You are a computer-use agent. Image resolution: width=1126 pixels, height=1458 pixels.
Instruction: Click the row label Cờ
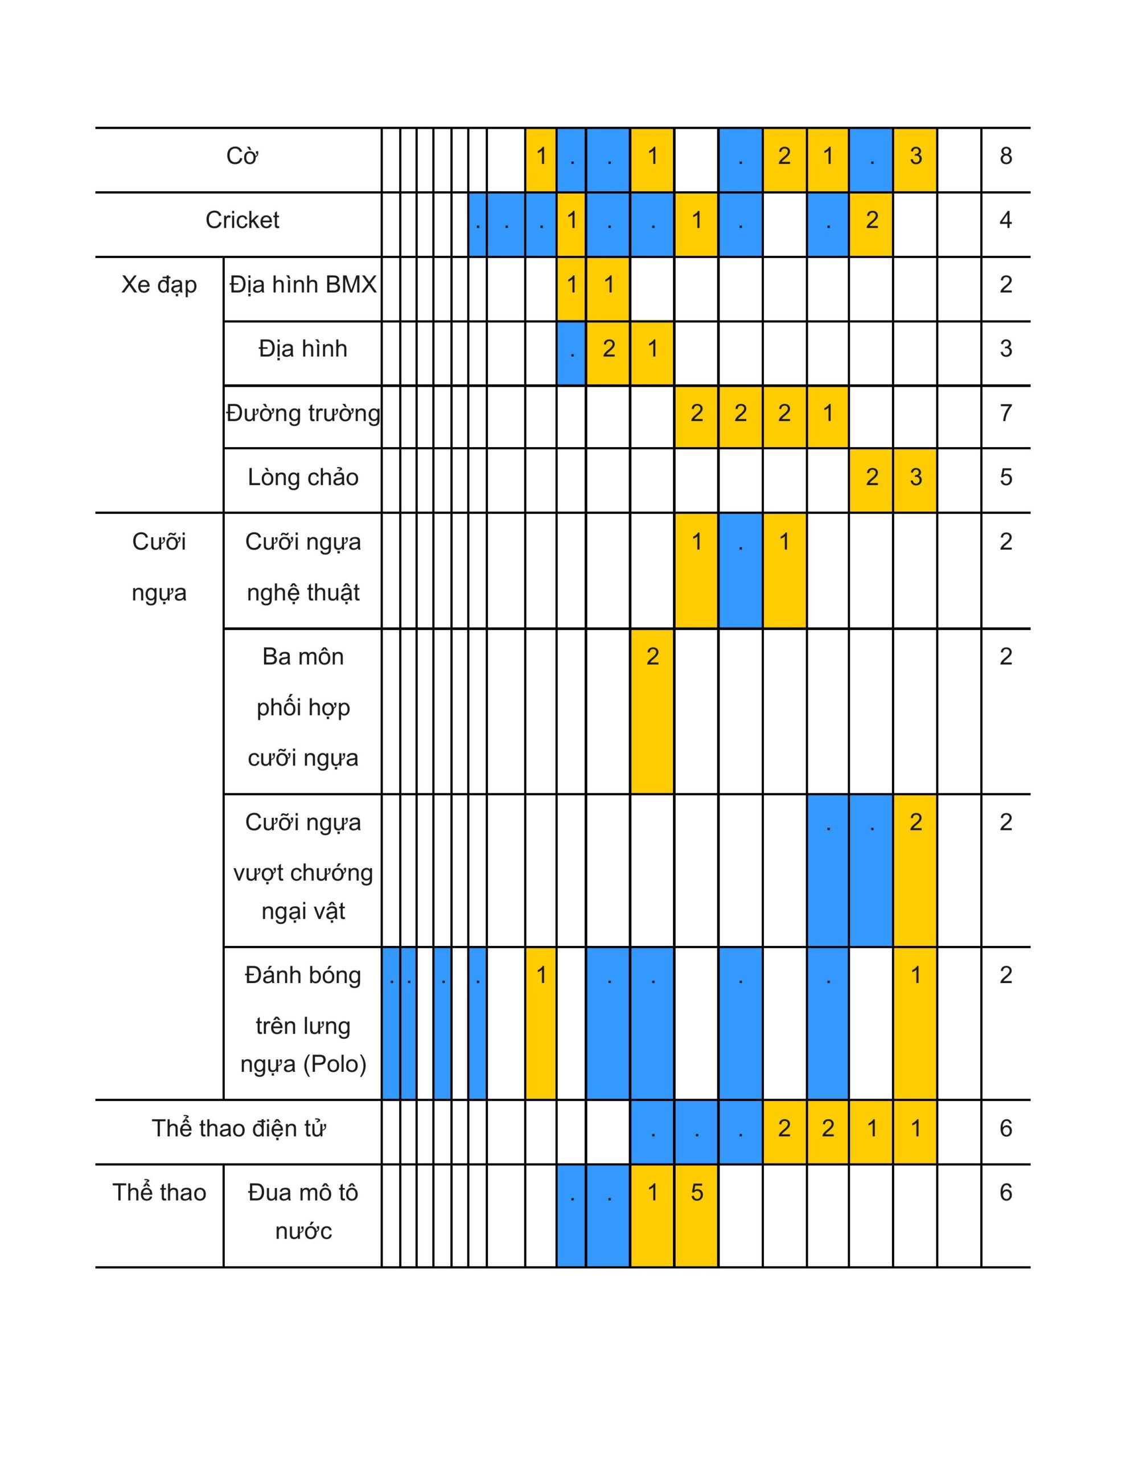click(241, 156)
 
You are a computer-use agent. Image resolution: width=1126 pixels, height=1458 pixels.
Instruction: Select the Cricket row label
click(241, 220)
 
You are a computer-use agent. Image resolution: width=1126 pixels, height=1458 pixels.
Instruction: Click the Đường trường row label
click(302, 414)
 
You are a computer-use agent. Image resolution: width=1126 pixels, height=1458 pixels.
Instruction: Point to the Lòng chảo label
click(302, 478)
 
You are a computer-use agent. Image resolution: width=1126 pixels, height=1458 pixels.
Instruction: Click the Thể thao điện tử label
click(239, 1128)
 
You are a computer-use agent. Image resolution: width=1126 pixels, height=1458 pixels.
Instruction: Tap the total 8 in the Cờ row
click(1005, 156)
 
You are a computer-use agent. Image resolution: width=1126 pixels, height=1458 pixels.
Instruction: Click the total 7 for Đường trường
click(1005, 414)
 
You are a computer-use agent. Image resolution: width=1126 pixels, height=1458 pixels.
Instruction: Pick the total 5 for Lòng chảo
click(1005, 478)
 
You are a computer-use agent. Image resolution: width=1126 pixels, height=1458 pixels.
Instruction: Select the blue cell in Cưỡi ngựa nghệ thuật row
click(740, 571)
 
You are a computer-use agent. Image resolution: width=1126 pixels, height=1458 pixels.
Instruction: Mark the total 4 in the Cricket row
click(1005, 220)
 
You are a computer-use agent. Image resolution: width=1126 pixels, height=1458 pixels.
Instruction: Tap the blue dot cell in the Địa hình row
click(572, 353)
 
